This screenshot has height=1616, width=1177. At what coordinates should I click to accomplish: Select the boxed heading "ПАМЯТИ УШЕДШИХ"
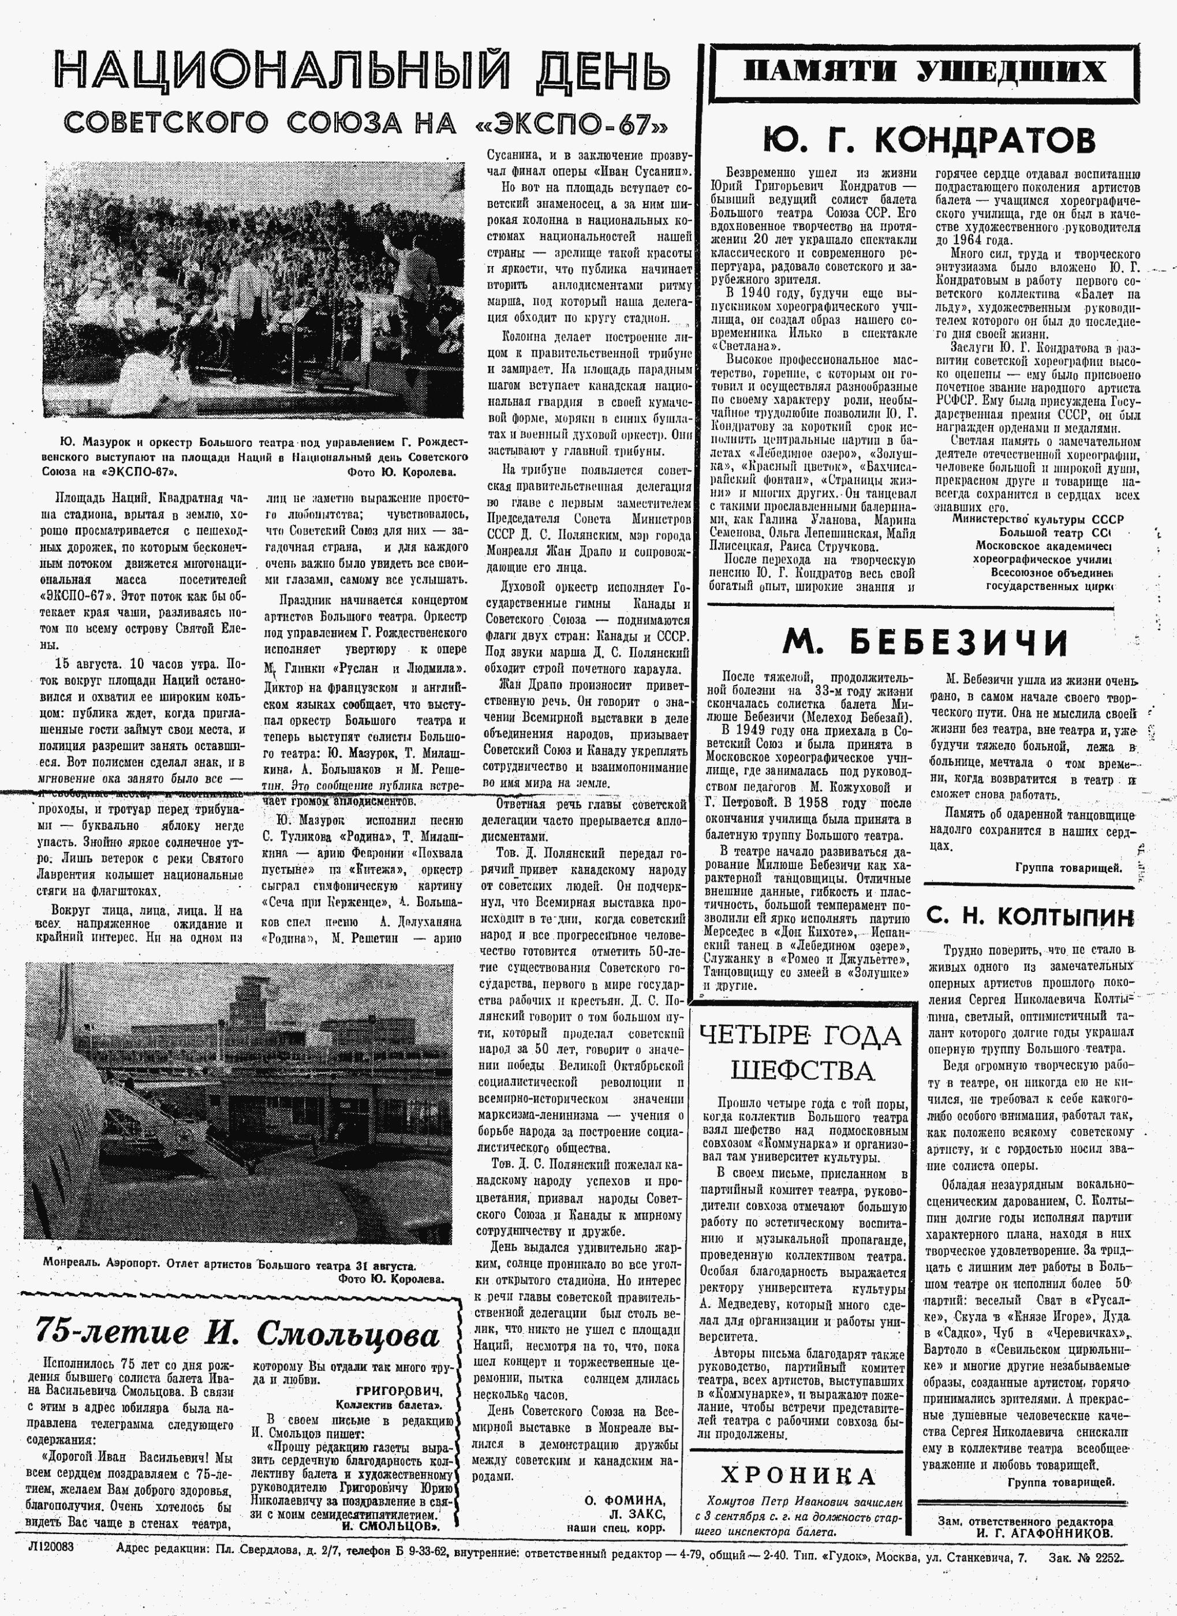coord(924,72)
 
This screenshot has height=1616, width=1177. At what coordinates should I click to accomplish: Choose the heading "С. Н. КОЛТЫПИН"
coord(1030,917)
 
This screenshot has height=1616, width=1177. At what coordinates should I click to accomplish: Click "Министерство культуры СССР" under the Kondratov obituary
coord(1037,519)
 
